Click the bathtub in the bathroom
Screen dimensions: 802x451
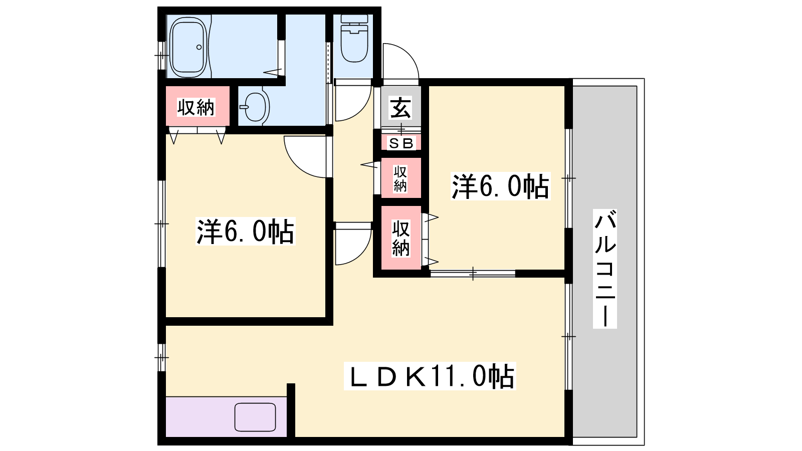pos(188,47)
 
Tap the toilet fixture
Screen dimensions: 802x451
pos(354,38)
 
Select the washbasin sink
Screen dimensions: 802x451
pos(255,106)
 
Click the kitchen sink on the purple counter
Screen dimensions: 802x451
pos(255,417)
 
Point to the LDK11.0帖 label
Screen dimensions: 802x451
pos(430,376)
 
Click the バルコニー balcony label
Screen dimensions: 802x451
pos(605,269)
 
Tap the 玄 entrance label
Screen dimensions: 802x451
pos(400,107)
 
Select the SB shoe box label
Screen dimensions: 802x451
pos(401,143)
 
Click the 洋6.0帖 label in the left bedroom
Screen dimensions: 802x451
pos(245,231)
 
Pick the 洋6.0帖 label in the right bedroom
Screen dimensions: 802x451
pos(500,186)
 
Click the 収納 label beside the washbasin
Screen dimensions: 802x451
pos(196,107)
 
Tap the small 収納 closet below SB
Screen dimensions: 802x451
pos(400,178)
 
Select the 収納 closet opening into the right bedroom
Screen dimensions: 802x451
pos(400,238)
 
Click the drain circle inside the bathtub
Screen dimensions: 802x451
pos(199,47)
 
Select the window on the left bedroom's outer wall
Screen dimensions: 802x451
pos(162,223)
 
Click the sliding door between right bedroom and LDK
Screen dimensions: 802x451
pos(473,274)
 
